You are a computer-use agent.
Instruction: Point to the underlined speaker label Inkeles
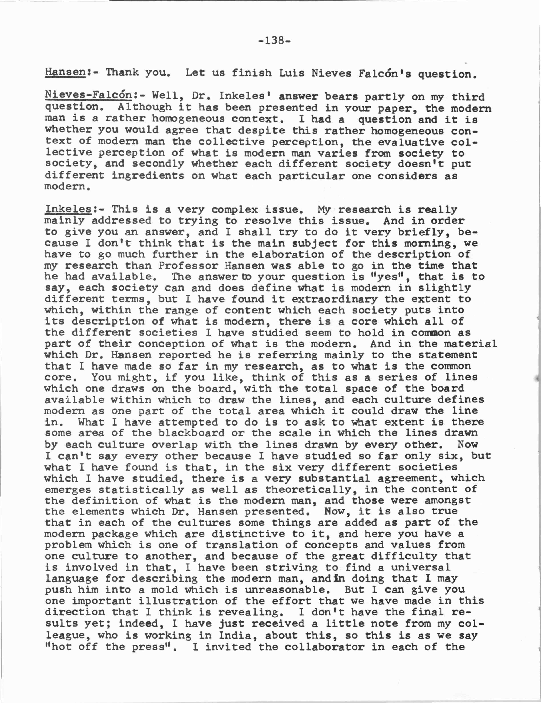pyautogui.click(x=68, y=209)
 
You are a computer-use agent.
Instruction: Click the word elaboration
pyautogui.click(x=288, y=255)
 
